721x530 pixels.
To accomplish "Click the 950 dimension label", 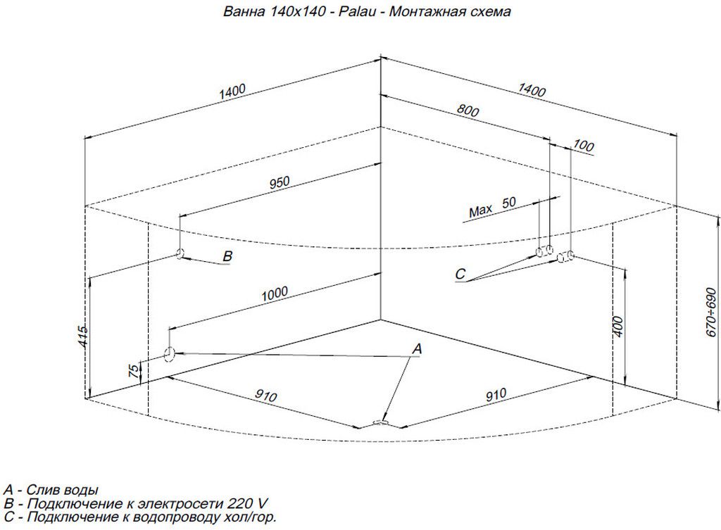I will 280,182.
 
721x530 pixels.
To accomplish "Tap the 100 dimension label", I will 584,146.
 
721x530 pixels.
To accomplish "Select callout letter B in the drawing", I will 227,257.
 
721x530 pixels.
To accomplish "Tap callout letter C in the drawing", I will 460,273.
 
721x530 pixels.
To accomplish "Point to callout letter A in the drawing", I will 416,348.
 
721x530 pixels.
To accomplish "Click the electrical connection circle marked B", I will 180,253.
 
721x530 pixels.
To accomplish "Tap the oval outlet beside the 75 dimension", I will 169,353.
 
